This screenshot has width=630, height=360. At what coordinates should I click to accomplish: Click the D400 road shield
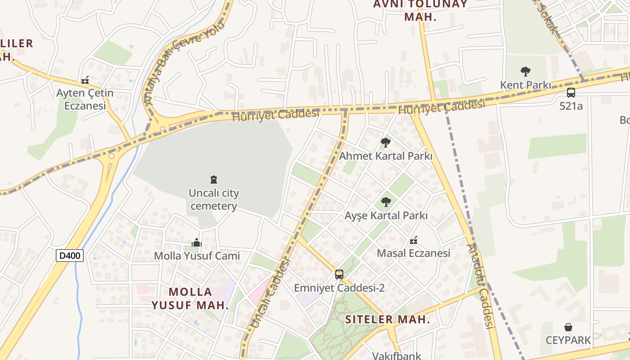70,256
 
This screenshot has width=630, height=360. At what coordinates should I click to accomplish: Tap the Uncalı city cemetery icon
214,180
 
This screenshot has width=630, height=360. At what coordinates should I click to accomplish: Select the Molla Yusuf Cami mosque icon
196,243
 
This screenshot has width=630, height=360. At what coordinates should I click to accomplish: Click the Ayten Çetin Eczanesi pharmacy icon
85,81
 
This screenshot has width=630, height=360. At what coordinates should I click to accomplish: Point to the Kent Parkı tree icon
525,71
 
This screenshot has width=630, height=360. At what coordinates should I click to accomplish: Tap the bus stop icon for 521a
571,93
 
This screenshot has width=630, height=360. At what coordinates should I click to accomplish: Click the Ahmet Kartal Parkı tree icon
385,143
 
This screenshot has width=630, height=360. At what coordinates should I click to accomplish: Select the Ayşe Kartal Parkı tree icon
386,202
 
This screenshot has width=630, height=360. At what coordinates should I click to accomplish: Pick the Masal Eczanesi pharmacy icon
414,240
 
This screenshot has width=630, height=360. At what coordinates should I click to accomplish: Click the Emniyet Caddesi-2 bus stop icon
339,274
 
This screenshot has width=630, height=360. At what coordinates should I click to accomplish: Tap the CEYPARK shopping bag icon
568,327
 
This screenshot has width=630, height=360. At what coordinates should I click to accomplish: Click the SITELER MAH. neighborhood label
387,320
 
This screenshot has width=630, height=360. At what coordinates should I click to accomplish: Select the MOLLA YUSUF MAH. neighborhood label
190,298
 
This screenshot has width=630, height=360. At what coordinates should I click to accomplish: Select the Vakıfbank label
396,355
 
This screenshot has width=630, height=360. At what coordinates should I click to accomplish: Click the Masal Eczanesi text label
414,253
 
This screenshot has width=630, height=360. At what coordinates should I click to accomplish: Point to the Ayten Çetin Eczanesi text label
85,99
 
